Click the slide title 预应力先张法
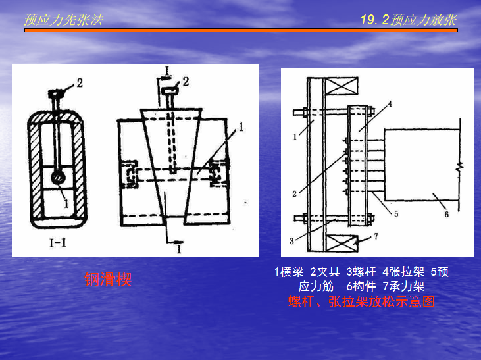[x=64, y=20]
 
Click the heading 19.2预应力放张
[x=409, y=20]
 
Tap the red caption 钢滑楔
[x=108, y=279]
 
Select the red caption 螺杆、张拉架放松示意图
[x=361, y=301]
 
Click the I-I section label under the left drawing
[x=58, y=244]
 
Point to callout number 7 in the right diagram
[x=376, y=236]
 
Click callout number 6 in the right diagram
[x=447, y=214]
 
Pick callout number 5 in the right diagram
[x=396, y=214]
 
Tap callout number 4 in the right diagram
[x=390, y=104]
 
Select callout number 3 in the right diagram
[x=291, y=241]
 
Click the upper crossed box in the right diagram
[x=342, y=86]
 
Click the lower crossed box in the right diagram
[x=342, y=244]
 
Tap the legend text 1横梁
[x=289, y=272]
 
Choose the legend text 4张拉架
[x=403, y=272]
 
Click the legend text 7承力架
[x=404, y=286]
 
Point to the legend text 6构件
[x=361, y=286]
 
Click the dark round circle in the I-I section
[x=58, y=178]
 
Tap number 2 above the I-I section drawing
[x=80, y=83]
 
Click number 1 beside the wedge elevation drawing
[x=241, y=127]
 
